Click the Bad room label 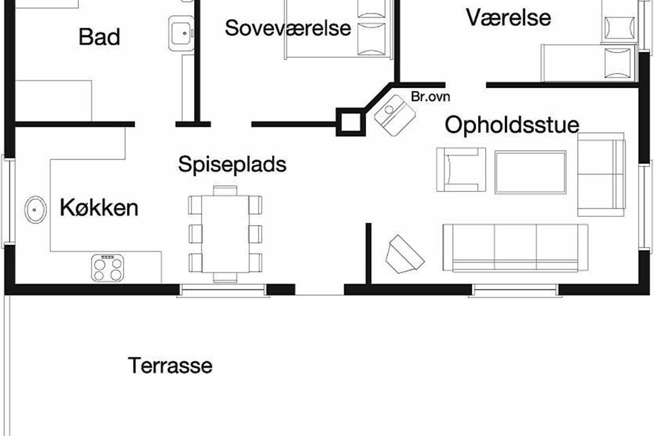coord(99,37)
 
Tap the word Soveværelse coord(288,28)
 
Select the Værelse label coord(508,17)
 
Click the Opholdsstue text coord(512,125)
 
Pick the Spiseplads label coord(232,164)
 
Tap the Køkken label coord(99,208)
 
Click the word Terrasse coord(170,365)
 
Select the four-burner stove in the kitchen coord(107,268)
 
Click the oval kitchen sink coord(36,209)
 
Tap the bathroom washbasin coord(181,33)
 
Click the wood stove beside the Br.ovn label coord(395,114)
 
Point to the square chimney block coord(349,122)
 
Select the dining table coord(225,234)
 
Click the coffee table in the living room coord(530,172)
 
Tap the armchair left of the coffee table coord(461,169)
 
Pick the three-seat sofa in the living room coord(515,247)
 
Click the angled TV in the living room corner coord(404,254)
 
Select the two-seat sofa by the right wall coord(601,174)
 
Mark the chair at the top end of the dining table coord(225,190)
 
